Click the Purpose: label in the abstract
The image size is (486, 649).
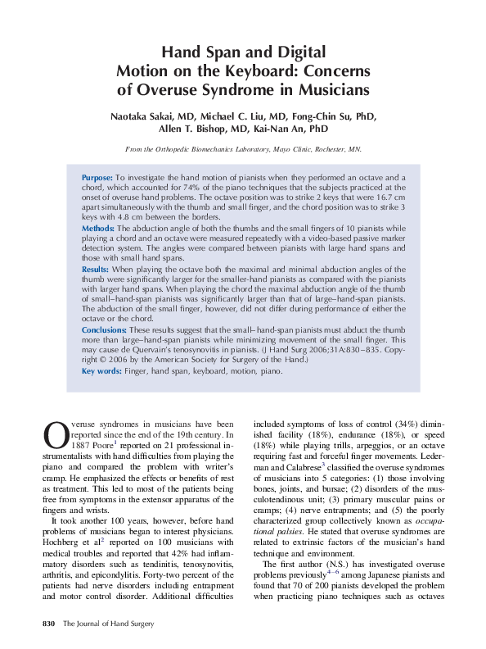coord(97,177)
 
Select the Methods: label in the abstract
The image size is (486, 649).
coord(98,228)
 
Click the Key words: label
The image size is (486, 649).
coord(101,371)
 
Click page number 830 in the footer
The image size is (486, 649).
coord(48,624)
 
